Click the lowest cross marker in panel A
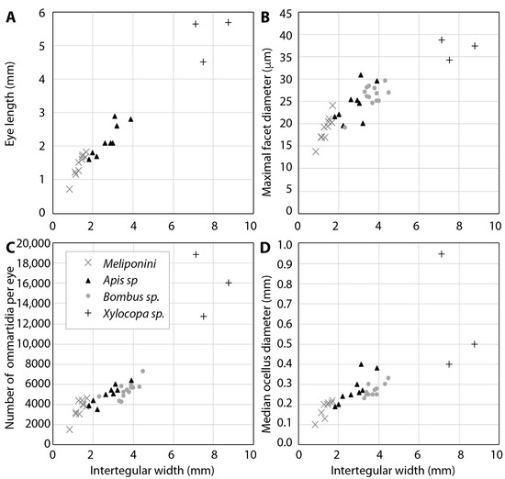point(70,189)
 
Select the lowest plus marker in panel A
point(203,61)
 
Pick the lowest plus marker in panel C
point(203,317)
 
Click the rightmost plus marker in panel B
point(475,46)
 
